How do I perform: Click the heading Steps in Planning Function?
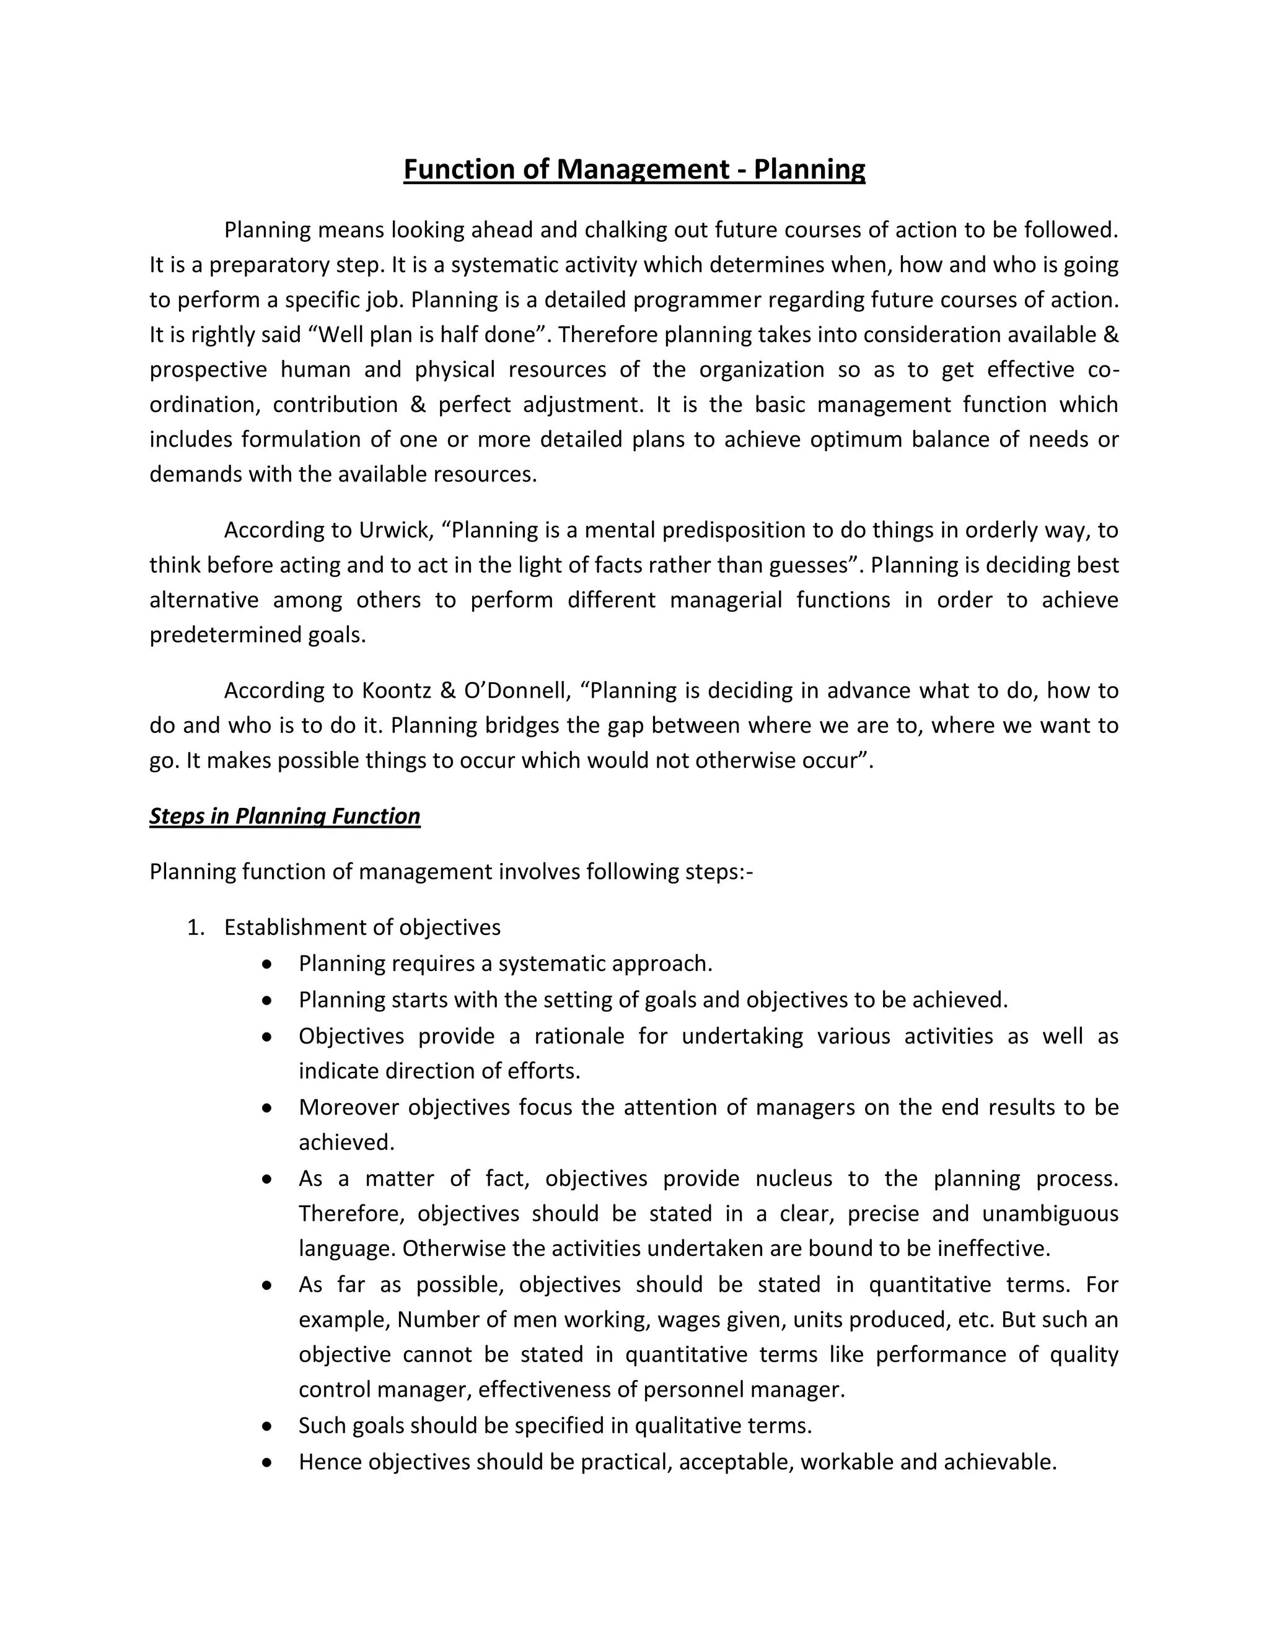(x=284, y=817)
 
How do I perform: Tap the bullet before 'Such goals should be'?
(x=267, y=1426)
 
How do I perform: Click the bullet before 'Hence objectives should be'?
(x=267, y=1462)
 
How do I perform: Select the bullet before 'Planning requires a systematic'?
(x=267, y=964)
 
